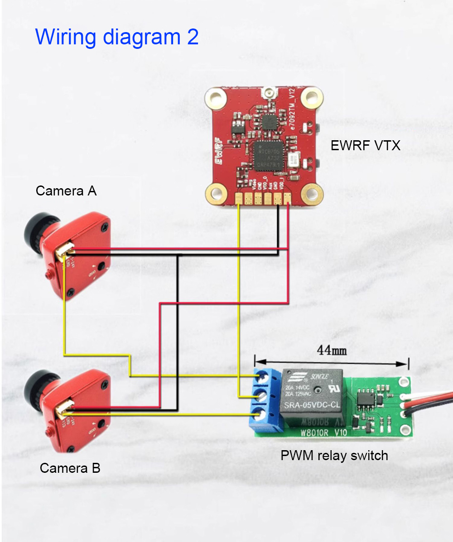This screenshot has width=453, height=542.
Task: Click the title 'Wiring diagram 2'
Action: (x=117, y=36)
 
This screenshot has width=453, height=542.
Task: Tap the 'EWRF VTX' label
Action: (x=365, y=146)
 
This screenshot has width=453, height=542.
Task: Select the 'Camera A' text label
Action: (x=66, y=191)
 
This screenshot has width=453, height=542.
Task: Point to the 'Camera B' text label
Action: (x=70, y=468)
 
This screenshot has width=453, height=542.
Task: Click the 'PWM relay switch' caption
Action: (x=334, y=455)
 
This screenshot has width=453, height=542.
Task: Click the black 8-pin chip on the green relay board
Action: (x=365, y=398)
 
